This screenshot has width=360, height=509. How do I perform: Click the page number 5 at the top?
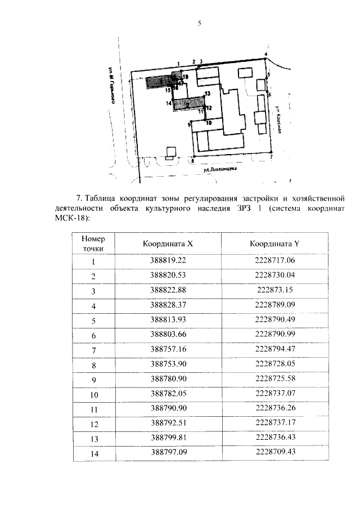[x=199, y=22]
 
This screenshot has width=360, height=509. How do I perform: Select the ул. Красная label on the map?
[x=278, y=120]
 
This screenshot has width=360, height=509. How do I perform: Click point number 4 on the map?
[x=267, y=54]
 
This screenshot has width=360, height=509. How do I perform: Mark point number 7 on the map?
[x=271, y=158]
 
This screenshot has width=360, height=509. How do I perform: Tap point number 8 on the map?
[x=193, y=161]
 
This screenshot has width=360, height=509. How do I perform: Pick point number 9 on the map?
[x=190, y=124]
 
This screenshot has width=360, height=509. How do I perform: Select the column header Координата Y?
[x=274, y=244]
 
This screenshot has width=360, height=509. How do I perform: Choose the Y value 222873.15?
[x=274, y=291]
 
